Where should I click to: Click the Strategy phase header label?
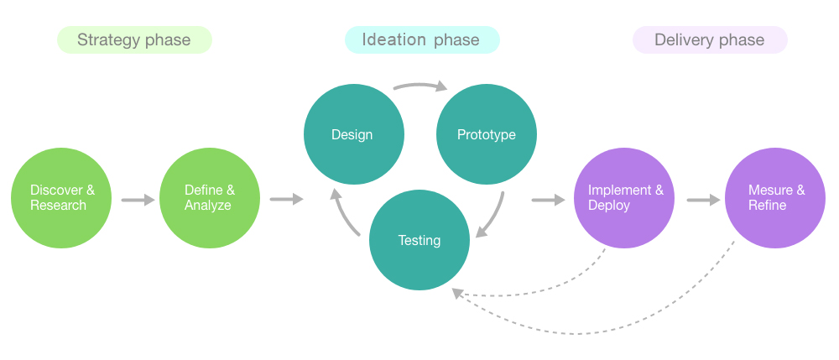(x=134, y=39)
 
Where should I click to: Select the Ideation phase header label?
(x=422, y=39)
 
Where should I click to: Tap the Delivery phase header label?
(x=710, y=39)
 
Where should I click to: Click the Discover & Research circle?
(x=61, y=198)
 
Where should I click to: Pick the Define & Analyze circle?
(x=210, y=198)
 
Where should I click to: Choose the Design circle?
(x=354, y=134)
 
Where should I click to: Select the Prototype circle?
(x=487, y=134)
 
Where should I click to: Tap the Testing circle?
(x=419, y=240)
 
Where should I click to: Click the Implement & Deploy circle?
(x=624, y=198)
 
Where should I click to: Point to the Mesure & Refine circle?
(x=774, y=198)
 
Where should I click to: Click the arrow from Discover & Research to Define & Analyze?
(x=138, y=200)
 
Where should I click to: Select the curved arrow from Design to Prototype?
(x=420, y=85)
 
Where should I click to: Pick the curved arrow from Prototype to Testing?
(x=495, y=217)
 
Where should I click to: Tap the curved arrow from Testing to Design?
(x=342, y=214)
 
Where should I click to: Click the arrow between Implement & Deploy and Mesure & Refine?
(x=704, y=200)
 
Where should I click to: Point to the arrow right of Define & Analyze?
(x=286, y=200)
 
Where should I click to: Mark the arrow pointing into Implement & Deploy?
(x=549, y=200)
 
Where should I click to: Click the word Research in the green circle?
(x=59, y=206)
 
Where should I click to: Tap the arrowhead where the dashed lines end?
(x=456, y=293)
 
